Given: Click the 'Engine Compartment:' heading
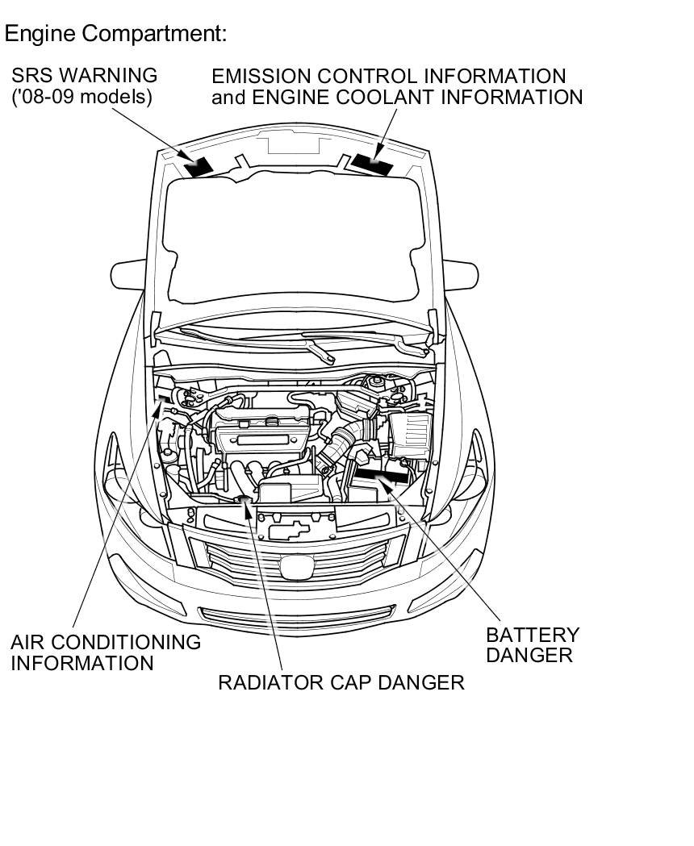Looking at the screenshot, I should coord(115,34).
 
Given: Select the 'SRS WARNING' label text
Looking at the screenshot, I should coord(84,76).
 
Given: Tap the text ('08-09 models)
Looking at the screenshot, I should coord(82,97).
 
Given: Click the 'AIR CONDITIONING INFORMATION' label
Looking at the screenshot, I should coord(105,652).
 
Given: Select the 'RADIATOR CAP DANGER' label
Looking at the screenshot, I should coord(341,682).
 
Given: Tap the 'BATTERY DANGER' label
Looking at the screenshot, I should coord(533,644).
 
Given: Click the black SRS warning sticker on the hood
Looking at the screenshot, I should coord(199,166).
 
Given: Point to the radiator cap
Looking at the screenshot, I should coord(242,501).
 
